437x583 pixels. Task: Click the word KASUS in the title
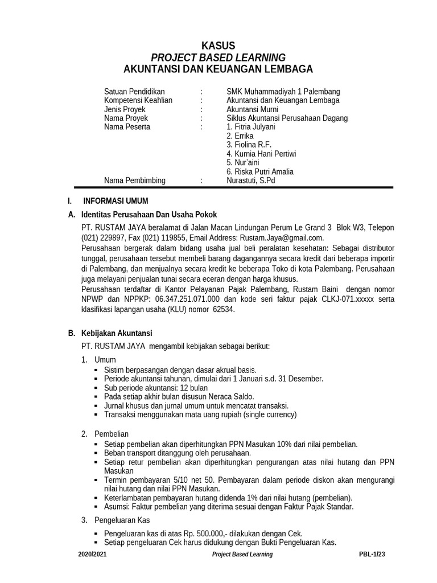coord(218,46)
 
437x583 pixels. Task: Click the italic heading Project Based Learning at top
coord(218,58)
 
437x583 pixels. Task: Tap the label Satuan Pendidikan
coord(134,92)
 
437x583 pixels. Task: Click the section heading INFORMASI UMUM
coord(116,201)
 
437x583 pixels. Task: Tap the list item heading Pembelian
coord(112,434)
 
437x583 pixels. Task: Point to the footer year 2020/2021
coord(92,554)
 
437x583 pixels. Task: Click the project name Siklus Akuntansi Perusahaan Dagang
coord(287,118)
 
